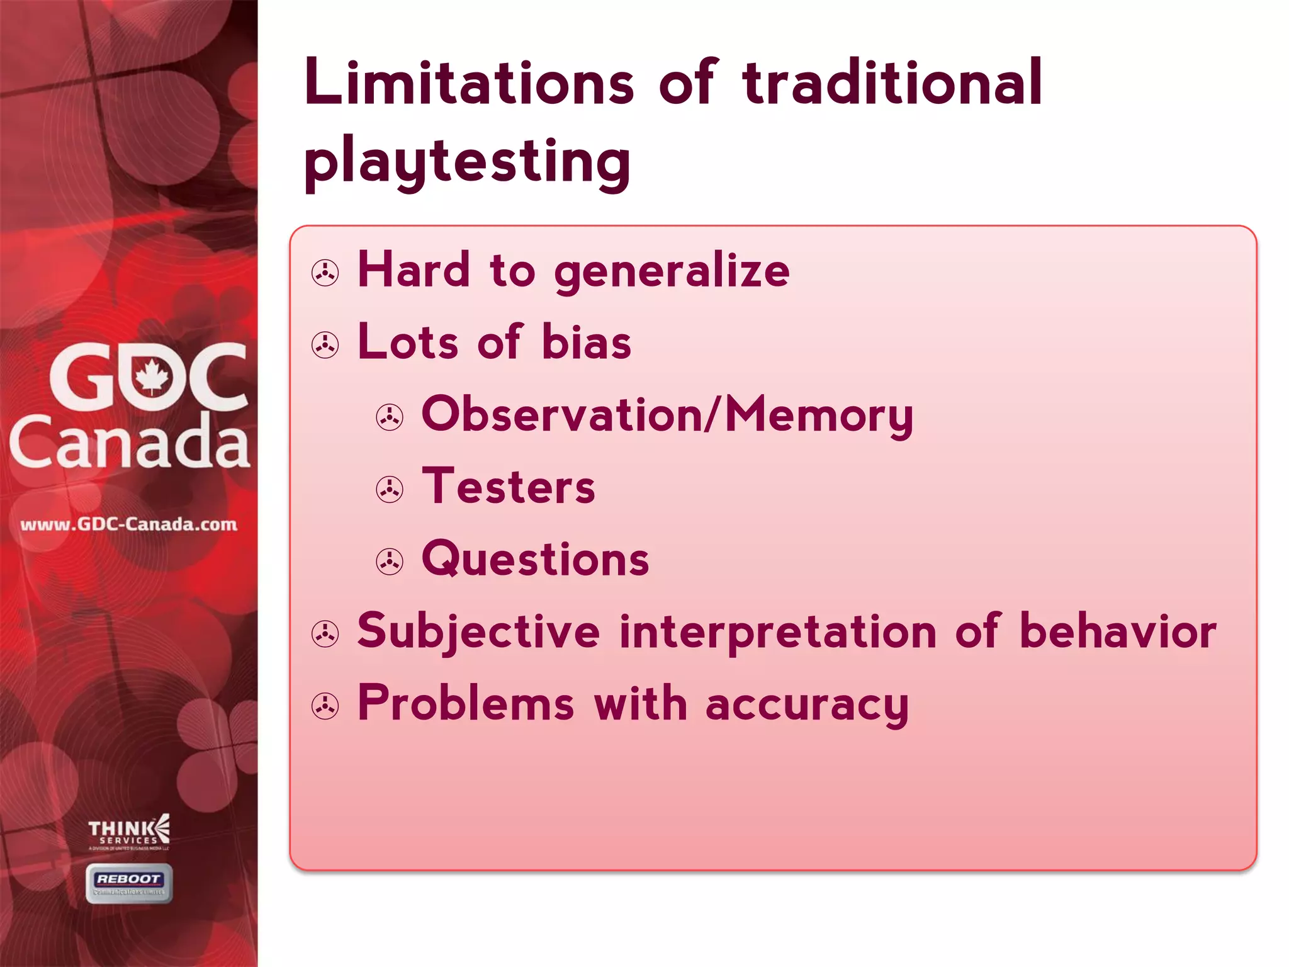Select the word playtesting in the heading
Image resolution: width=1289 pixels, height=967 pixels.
pos(467,162)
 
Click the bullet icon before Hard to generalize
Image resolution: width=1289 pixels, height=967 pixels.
pos(325,273)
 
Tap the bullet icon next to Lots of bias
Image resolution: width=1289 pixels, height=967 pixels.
pos(325,345)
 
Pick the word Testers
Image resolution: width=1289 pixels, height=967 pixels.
pos(509,487)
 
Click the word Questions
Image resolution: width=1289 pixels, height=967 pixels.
pos(535,559)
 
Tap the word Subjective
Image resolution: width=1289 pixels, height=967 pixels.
pos(478,631)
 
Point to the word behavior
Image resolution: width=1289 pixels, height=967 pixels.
pos(1118,631)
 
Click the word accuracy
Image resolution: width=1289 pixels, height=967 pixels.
pos(807,704)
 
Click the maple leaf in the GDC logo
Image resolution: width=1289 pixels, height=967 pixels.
pos(151,376)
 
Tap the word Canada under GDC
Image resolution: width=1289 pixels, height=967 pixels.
pos(129,442)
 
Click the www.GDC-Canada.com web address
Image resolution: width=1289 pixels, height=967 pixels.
pos(129,524)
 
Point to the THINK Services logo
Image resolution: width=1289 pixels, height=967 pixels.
pos(129,831)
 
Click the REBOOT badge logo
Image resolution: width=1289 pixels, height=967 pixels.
pos(129,883)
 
